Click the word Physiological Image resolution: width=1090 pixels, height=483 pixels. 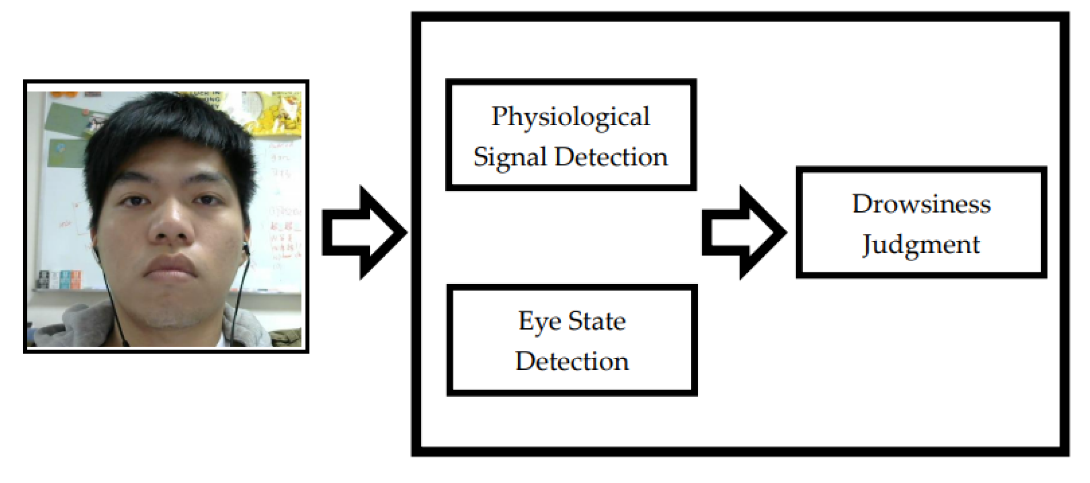(570, 117)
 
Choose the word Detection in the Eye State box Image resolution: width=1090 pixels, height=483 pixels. (572, 362)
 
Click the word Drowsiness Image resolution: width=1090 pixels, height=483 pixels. (921, 204)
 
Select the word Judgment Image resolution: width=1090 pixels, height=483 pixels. (921, 245)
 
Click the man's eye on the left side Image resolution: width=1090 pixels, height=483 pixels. (132, 200)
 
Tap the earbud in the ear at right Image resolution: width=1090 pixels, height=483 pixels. (246, 249)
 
